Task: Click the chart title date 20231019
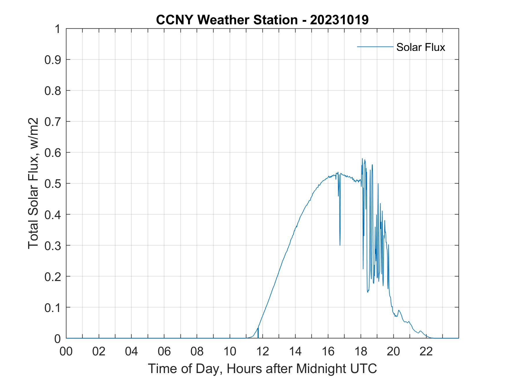[x=339, y=20]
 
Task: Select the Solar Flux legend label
[x=420, y=47]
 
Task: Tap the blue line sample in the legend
[x=375, y=47]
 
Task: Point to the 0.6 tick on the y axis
[x=54, y=153]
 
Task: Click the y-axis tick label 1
[x=57, y=29]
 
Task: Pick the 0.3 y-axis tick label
[x=54, y=245]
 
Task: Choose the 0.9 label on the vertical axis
[x=54, y=60]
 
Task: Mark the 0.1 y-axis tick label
[x=54, y=307]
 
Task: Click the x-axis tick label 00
[x=66, y=352]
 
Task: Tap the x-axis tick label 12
[x=262, y=352]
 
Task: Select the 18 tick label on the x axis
[x=361, y=352]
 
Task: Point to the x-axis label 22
[x=426, y=352]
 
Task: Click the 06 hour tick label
[x=164, y=352]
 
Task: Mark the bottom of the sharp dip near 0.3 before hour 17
[x=340, y=245]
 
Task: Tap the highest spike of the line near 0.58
[x=362, y=159]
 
